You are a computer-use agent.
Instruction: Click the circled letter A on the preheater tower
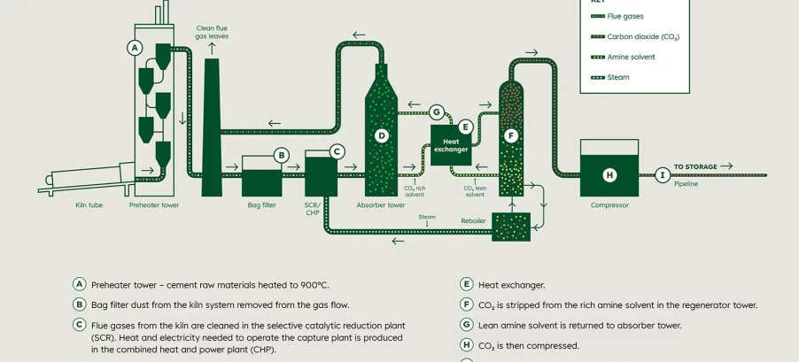(x=135, y=47)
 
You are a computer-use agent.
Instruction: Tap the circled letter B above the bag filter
(x=282, y=156)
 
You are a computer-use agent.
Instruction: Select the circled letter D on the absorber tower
(x=382, y=135)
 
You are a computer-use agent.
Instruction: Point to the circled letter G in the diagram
(x=436, y=112)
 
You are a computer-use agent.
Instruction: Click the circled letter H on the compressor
(x=609, y=175)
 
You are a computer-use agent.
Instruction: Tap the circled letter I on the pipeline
(x=663, y=175)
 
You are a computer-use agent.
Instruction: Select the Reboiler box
(x=510, y=227)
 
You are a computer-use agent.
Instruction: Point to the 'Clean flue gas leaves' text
(x=212, y=32)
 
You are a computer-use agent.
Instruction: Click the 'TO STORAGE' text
(x=695, y=166)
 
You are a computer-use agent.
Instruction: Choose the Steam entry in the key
(x=617, y=77)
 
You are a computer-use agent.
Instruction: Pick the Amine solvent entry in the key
(x=631, y=57)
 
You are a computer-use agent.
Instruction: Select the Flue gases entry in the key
(x=624, y=16)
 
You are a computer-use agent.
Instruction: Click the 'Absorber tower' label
(x=381, y=205)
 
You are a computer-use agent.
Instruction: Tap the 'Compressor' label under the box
(x=609, y=205)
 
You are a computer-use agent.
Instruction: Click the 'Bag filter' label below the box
(x=261, y=205)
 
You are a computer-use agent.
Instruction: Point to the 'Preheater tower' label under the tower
(x=154, y=205)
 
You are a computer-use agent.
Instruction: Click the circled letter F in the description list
(x=466, y=304)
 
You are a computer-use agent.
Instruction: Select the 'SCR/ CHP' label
(x=312, y=209)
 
